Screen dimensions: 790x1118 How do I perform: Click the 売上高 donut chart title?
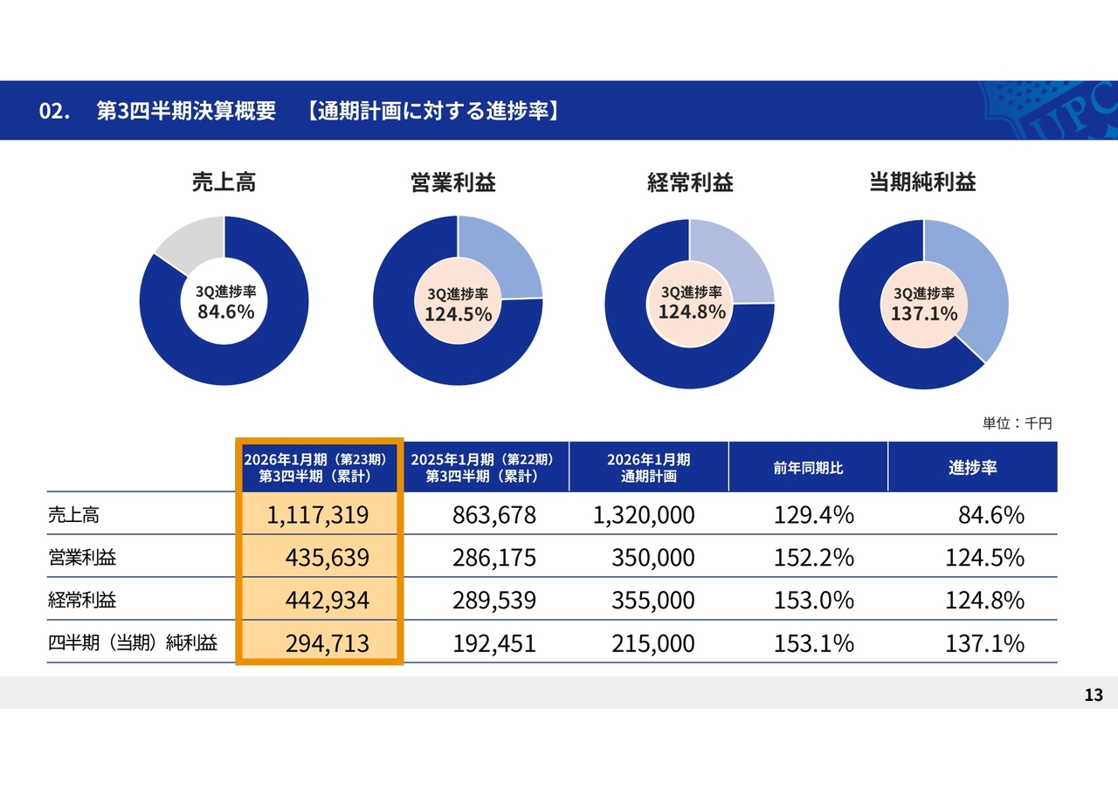click(x=224, y=182)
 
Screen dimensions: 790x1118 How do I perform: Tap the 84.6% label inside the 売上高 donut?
click(x=225, y=312)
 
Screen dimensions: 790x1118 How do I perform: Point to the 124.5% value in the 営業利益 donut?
click(x=458, y=313)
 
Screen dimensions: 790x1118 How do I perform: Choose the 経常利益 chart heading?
click(x=690, y=182)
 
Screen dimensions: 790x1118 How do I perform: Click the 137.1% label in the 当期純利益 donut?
click(x=923, y=313)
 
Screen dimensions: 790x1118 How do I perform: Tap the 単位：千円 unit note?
click(x=1018, y=423)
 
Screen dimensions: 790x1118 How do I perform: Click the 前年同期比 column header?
click(x=808, y=468)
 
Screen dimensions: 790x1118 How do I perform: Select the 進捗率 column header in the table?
click(x=972, y=468)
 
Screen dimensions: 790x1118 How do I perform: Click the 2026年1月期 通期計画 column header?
click(x=648, y=468)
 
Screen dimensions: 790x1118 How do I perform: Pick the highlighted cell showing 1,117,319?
click(x=318, y=515)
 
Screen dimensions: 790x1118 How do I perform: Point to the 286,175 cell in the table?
click(x=494, y=558)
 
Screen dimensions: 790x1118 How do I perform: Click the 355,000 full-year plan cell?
click(x=653, y=601)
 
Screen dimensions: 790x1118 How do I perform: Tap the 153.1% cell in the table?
click(x=813, y=644)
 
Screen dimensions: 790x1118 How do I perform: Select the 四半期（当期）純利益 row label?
click(x=133, y=643)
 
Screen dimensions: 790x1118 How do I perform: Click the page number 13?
click(x=1094, y=695)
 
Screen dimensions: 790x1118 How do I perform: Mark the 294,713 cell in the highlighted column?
click(x=327, y=644)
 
